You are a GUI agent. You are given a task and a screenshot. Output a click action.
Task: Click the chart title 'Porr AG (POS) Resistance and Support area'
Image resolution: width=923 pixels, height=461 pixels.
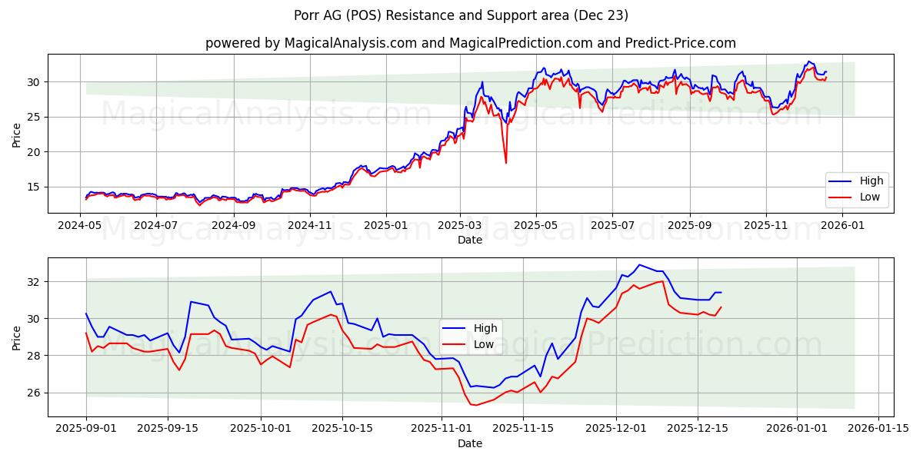tap(461, 15)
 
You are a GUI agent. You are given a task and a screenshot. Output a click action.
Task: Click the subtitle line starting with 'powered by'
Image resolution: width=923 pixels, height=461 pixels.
tap(470, 43)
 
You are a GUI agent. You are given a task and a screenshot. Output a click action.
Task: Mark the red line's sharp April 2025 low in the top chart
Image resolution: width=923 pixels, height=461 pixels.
tap(505, 163)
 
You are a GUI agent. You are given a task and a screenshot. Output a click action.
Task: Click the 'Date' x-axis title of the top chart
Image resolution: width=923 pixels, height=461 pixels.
tap(470, 240)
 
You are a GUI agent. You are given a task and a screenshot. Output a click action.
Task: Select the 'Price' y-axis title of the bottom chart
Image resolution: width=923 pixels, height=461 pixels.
tap(17, 337)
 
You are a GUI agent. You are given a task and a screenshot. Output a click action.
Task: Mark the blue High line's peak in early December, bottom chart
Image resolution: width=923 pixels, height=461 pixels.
tap(639, 264)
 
